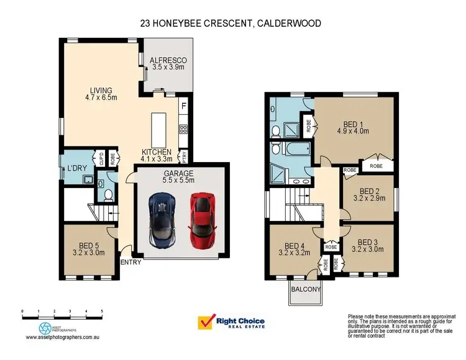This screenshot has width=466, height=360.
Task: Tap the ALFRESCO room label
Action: [168, 65]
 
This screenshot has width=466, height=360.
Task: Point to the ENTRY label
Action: [131, 262]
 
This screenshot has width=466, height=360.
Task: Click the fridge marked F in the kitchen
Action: [183, 106]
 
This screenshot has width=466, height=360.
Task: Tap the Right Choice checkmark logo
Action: [206, 323]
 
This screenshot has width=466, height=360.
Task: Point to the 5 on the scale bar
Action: [102, 310]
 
